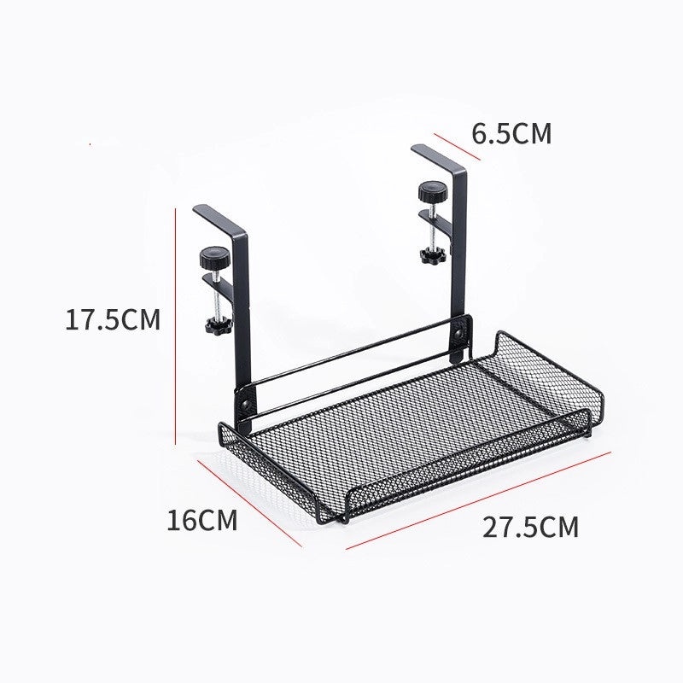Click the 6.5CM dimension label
pos(511,134)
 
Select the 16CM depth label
pos(201,519)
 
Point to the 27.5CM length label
pos(530,527)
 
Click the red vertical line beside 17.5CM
pos(175,324)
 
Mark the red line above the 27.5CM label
pos(478,499)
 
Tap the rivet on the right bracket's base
pos(464,327)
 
